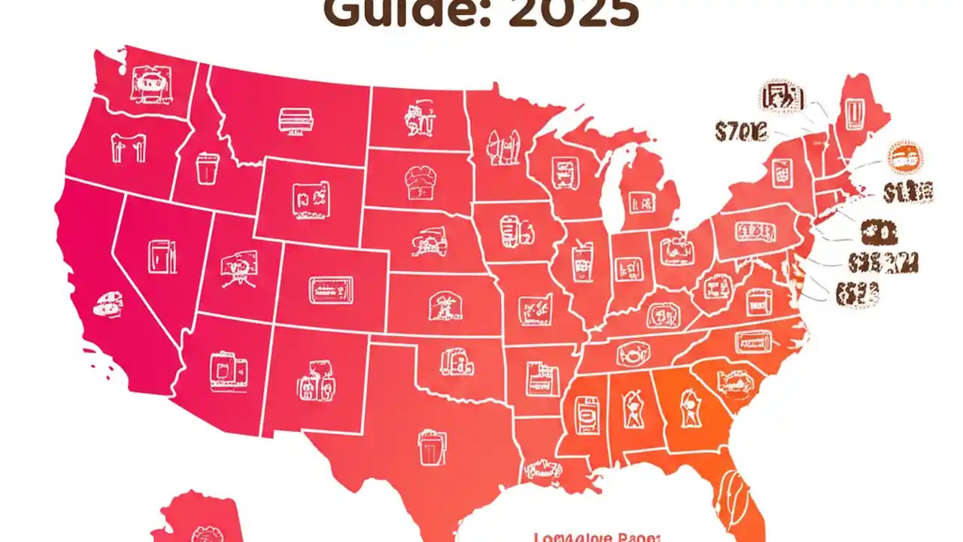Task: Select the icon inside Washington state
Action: [x=145, y=84]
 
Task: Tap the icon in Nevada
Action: [x=162, y=257]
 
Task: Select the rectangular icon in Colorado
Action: [x=330, y=288]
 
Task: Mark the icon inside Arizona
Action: [x=228, y=369]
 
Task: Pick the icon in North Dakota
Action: [x=418, y=119]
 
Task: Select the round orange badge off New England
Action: [x=905, y=159]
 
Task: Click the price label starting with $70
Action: [x=740, y=133]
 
